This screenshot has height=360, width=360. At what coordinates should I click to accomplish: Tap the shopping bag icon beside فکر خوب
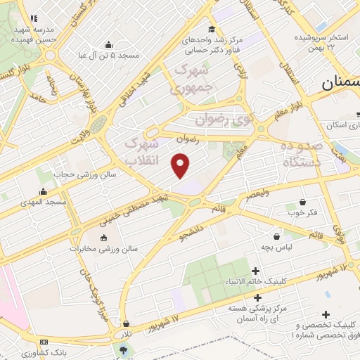[302, 202]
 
